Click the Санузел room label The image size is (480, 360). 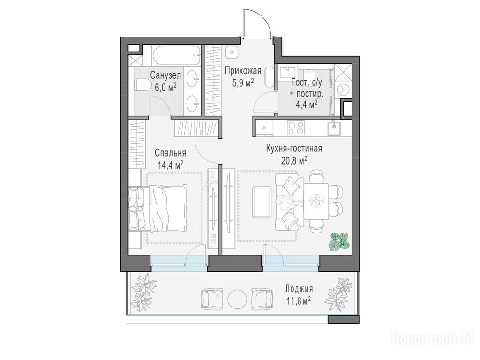(165, 75)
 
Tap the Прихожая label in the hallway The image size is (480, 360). (243, 71)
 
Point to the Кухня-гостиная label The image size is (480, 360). (294, 149)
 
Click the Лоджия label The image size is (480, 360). (299, 289)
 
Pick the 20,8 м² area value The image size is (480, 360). (294, 160)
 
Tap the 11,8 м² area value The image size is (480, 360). (299, 301)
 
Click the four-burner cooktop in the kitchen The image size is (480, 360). (296, 127)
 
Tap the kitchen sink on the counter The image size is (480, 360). (334, 127)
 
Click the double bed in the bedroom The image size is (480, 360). (157, 208)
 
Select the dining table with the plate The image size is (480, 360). (315, 201)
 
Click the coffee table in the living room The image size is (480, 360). (262, 202)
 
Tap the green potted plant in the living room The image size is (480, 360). (339, 241)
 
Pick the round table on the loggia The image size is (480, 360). (237, 299)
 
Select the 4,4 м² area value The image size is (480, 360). (306, 105)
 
